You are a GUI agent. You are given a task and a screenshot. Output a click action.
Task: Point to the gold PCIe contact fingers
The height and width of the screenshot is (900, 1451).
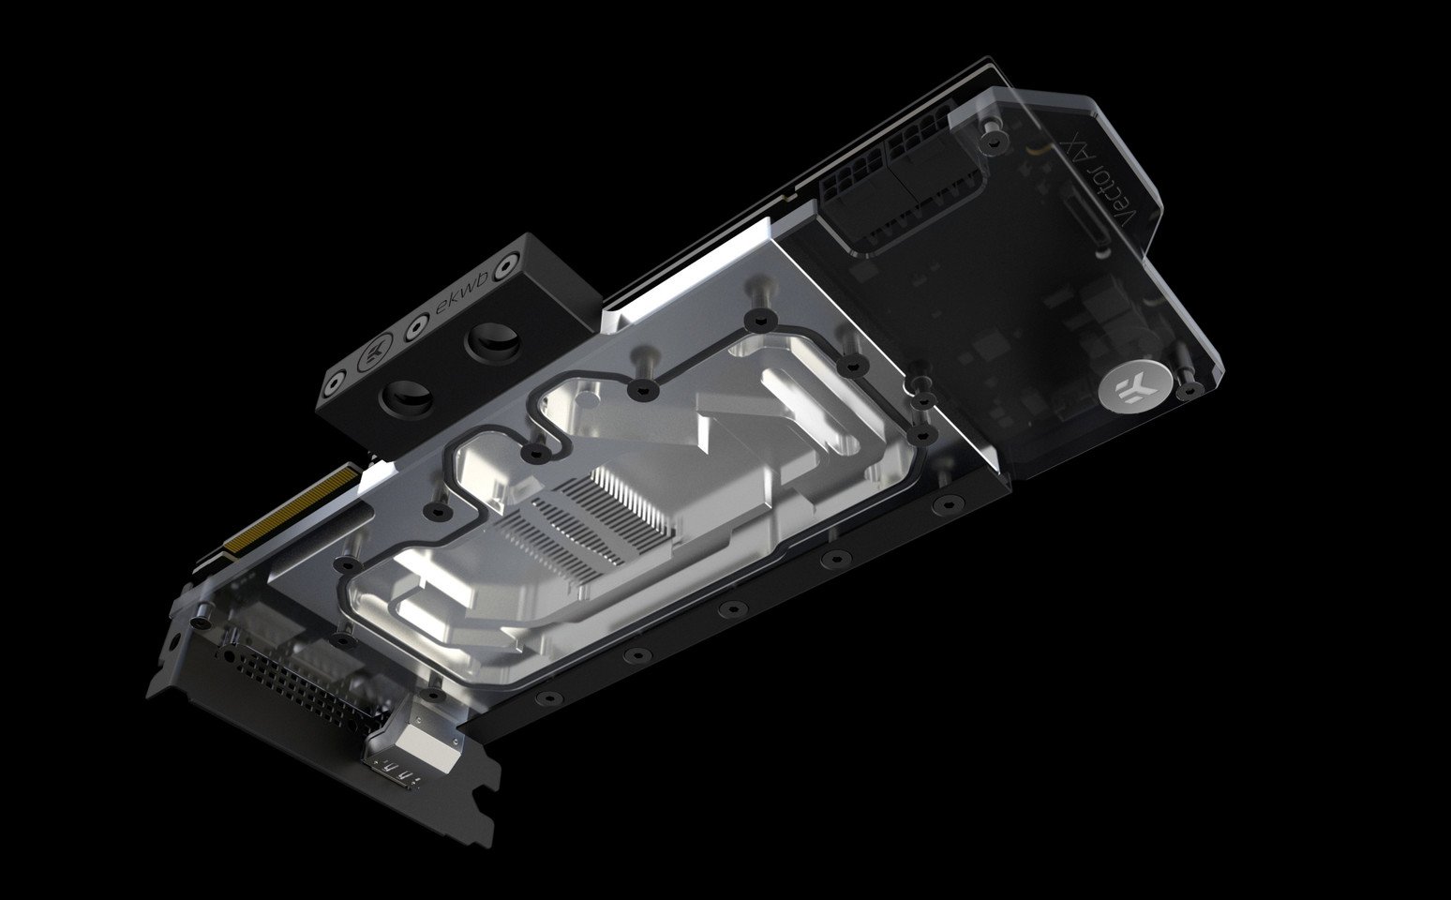(x=292, y=509)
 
